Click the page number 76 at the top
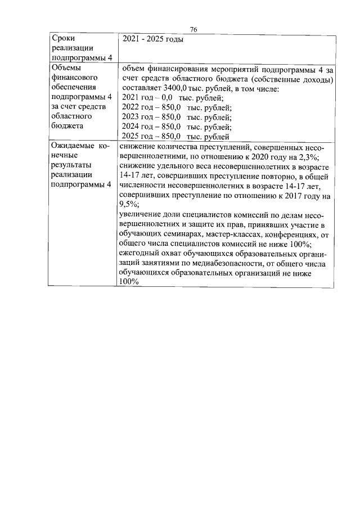[193, 29]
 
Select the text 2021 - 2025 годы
[153, 39]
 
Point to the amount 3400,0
[178, 89]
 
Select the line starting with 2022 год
[176, 107]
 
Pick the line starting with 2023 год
[176, 117]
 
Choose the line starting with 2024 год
[176, 127]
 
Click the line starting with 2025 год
[175, 136]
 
